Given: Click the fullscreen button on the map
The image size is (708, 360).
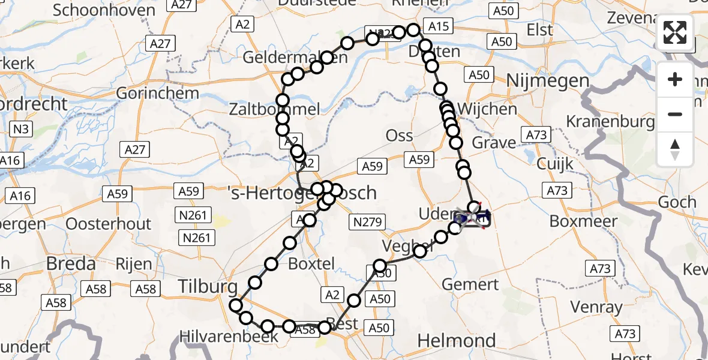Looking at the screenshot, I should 675,32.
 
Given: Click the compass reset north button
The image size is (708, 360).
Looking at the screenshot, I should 675,149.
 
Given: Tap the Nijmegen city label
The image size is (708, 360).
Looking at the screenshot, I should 548,80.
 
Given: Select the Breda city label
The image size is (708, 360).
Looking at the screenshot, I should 71,263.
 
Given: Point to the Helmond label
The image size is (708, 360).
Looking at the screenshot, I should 456,341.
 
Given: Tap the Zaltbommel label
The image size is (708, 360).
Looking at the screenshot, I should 274,109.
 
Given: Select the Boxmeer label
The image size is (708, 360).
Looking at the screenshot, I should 583,221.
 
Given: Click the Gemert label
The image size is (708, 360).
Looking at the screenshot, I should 469,284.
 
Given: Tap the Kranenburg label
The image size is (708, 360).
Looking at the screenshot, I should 611,122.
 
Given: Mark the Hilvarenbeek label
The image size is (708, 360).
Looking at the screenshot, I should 230,337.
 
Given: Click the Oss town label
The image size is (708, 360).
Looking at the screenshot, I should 399,135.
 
